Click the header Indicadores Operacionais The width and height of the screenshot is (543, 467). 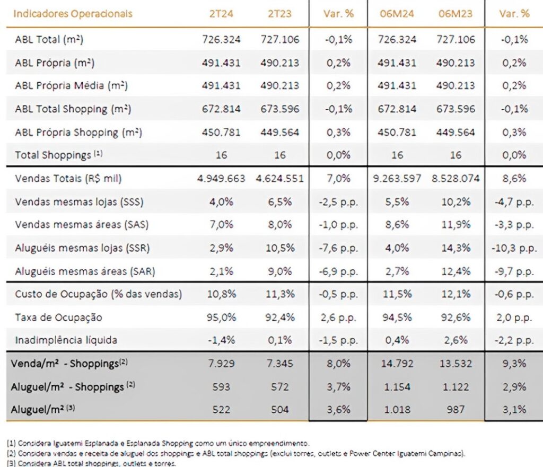(73, 13)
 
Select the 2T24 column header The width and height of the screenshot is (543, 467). (221, 13)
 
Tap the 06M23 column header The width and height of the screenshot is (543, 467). (456, 13)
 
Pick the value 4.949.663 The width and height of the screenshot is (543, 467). (221, 179)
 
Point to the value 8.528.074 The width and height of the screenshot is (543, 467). (456, 179)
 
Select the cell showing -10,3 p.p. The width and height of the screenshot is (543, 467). (513, 248)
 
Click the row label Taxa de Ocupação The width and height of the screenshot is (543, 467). (58, 318)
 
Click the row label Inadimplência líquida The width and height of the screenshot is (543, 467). (66, 340)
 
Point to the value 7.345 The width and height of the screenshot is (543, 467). (279, 364)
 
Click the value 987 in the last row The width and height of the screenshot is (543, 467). (456, 409)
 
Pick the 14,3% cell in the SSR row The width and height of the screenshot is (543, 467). (456, 248)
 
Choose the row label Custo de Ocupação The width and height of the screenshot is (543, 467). (98, 294)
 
